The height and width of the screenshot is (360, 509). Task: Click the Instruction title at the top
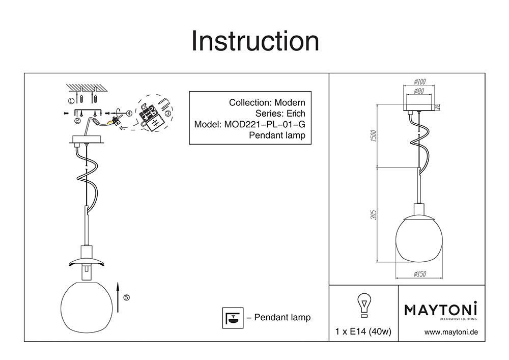(x=254, y=41)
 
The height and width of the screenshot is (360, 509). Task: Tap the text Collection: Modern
(x=267, y=102)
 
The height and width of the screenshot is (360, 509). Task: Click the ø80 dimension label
(x=419, y=91)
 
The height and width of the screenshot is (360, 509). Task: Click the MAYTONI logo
(x=441, y=310)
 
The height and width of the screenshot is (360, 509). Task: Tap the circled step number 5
(x=127, y=297)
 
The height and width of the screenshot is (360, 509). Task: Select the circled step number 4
(x=129, y=113)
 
